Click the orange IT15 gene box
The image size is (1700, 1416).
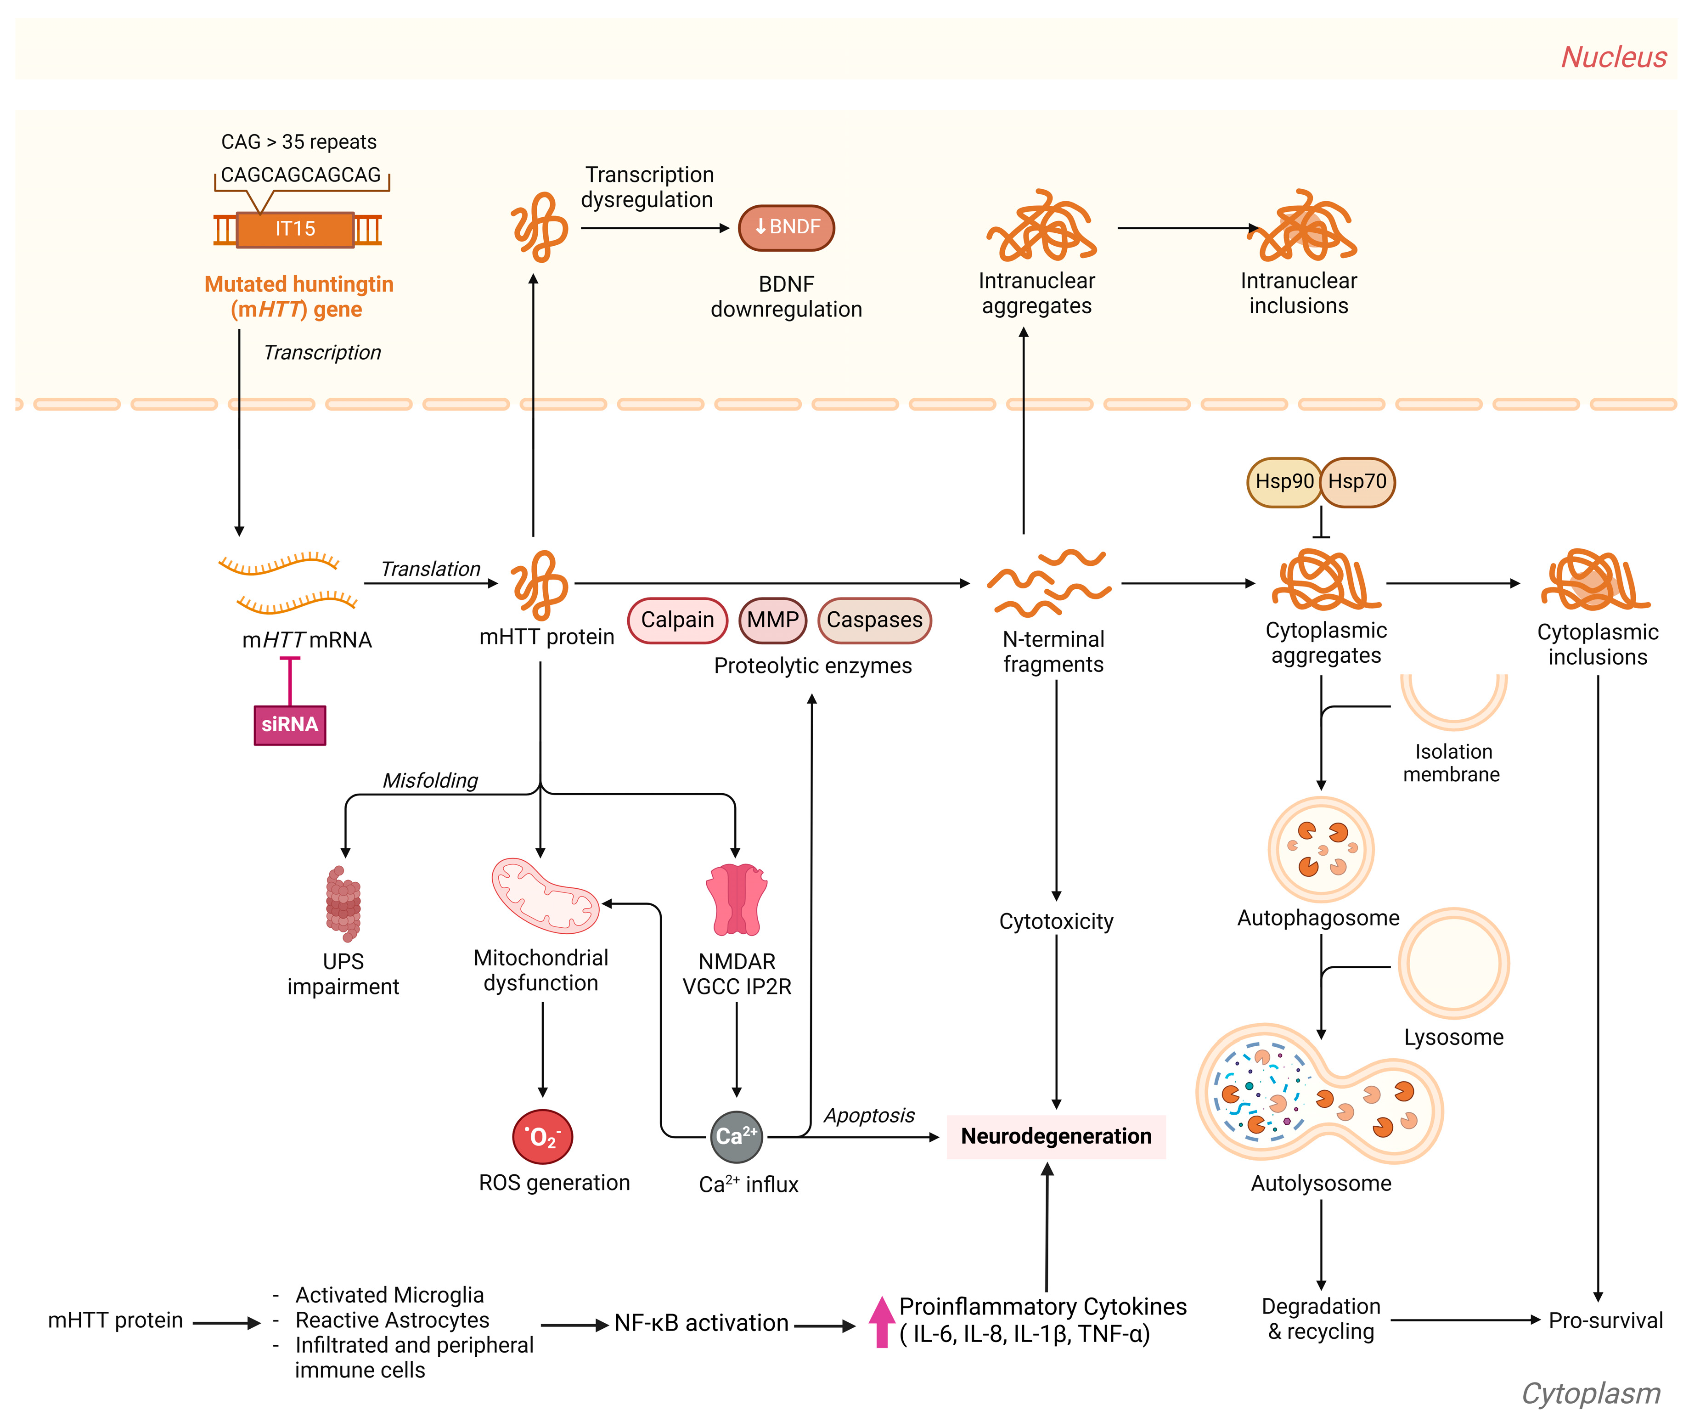click(x=295, y=229)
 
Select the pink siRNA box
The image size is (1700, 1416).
click(x=290, y=725)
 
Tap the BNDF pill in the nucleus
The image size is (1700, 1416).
click(x=786, y=227)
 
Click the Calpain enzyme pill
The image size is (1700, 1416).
click(x=678, y=620)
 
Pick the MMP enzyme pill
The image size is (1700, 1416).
click(x=773, y=620)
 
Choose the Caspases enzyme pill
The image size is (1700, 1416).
click(x=874, y=620)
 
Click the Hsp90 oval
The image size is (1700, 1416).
click(x=1284, y=482)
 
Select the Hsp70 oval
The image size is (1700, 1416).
click(x=1357, y=482)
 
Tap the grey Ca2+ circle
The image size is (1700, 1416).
click(x=736, y=1137)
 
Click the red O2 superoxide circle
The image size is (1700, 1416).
click(x=542, y=1137)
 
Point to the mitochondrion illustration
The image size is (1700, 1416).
click(x=545, y=896)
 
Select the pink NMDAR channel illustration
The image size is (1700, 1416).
click(x=736, y=899)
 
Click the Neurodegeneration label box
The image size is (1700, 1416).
click(x=1056, y=1137)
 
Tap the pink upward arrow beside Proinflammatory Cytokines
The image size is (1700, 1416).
click(x=882, y=1321)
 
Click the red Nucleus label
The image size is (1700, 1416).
click(x=1613, y=57)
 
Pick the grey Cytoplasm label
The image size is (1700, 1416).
click(x=1591, y=1393)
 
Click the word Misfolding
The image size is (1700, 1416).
click(x=430, y=780)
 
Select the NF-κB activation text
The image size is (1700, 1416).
click(x=701, y=1323)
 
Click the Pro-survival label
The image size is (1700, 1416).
click(x=1605, y=1320)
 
